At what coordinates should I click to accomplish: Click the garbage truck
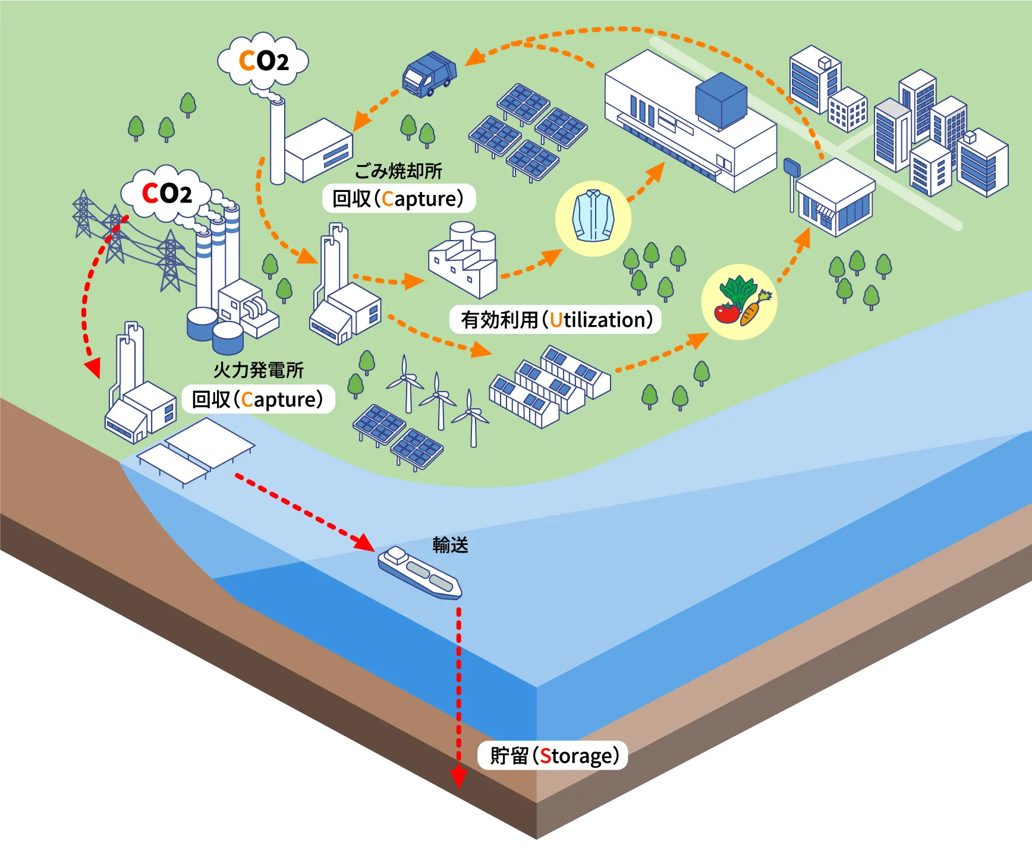point(429,74)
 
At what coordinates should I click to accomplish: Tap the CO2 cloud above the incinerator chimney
point(263,61)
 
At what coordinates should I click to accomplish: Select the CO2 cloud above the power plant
point(166,193)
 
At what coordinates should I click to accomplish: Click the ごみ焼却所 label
point(398,171)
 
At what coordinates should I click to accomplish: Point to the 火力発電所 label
point(259,370)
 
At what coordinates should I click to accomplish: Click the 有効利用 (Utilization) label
point(556,320)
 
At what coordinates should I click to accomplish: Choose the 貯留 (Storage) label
point(553,755)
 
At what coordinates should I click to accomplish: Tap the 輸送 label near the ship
point(450,545)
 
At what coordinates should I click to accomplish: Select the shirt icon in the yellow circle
point(593,216)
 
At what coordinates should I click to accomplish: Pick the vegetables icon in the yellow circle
point(739,301)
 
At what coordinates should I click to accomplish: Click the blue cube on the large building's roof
point(721,100)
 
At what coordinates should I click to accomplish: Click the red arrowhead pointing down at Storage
point(458,777)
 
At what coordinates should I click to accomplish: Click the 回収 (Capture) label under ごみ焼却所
point(398,198)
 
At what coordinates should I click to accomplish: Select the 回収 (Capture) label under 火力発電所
point(258,399)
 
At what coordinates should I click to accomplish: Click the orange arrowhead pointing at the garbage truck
point(475,57)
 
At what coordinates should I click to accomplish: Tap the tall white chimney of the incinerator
point(277,143)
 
